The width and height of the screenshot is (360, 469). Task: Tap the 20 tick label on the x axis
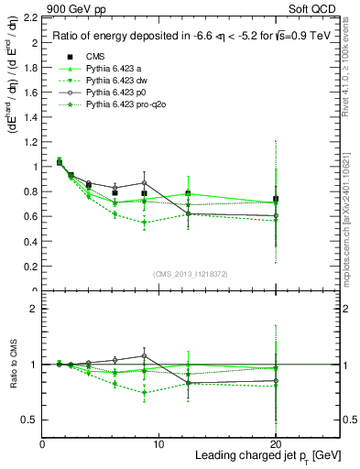point(275,443)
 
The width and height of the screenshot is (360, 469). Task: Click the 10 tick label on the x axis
point(158,443)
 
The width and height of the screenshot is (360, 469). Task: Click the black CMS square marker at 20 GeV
point(275,200)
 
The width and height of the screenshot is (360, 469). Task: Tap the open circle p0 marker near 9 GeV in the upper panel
point(144,183)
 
